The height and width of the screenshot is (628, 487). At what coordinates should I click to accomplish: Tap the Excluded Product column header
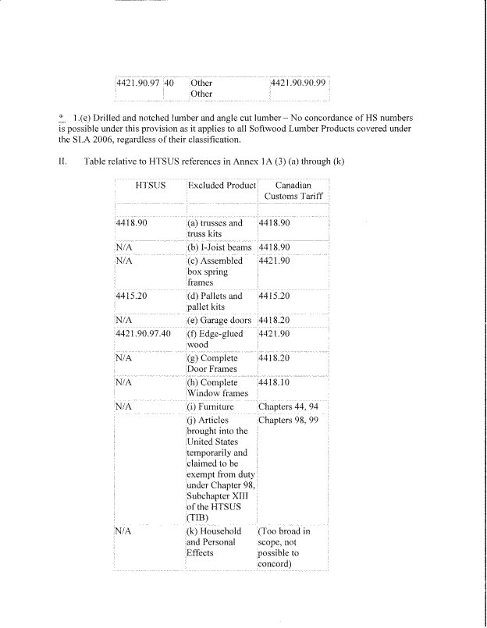(x=221, y=187)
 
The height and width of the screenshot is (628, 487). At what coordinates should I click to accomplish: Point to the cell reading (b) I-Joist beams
(x=219, y=246)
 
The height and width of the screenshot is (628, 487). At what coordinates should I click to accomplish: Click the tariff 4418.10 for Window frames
(x=274, y=383)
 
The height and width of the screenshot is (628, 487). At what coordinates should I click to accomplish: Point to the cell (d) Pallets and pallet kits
(x=215, y=301)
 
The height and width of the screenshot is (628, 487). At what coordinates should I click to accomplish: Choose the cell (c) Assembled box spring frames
(x=215, y=271)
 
